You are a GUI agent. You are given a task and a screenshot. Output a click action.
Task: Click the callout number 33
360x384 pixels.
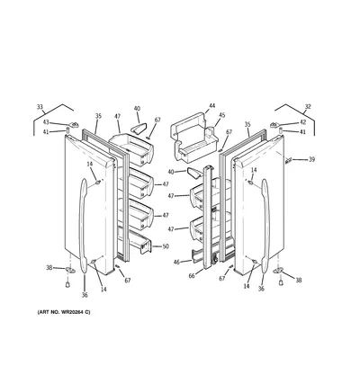coord(40,107)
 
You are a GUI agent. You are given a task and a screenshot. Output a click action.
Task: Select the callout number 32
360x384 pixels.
coord(308,106)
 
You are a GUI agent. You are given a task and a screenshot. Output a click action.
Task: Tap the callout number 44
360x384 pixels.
coord(212,105)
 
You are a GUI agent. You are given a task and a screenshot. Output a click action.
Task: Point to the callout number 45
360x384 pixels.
coord(221,115)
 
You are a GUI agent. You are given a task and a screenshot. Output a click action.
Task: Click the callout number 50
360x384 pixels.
coord(166,246)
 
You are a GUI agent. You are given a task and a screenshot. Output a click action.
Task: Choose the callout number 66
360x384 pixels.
coord(192,276)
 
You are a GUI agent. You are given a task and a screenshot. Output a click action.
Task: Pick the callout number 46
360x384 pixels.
coord(176,263)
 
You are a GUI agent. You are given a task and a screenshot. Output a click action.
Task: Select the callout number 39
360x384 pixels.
coord(312,159)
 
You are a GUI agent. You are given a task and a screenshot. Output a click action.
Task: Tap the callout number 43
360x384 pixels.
coord(46,122)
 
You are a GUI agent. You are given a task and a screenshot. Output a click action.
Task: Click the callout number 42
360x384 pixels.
coord(303,122)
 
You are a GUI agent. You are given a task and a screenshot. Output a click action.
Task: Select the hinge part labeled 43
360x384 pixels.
coord(74,124)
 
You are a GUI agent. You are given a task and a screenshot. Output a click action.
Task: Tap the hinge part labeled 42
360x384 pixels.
coord(274,125)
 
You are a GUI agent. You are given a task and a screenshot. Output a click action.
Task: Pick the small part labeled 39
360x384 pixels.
coord(289,161)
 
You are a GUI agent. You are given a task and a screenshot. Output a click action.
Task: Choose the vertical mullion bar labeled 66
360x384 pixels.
coord(209,218)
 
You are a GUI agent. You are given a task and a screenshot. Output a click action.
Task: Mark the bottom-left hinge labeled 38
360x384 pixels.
coord(71,271)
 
